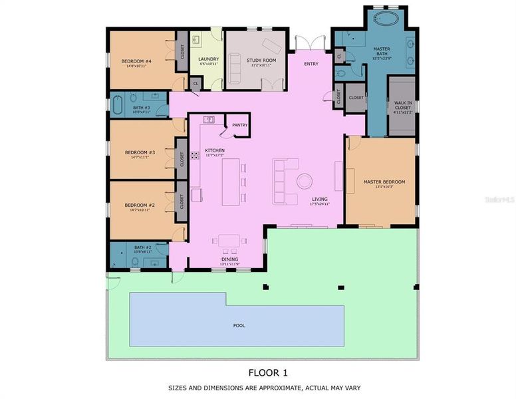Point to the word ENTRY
(x=311, y=64)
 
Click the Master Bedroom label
(x=384, y=182)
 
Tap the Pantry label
(x=240, y=124)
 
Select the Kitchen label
(x=215, y=150)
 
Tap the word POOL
(x=238, y=326)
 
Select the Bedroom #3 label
(x=140, y=152)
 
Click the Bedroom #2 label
(x=140, y=205)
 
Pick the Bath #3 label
(x=142, y=108)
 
